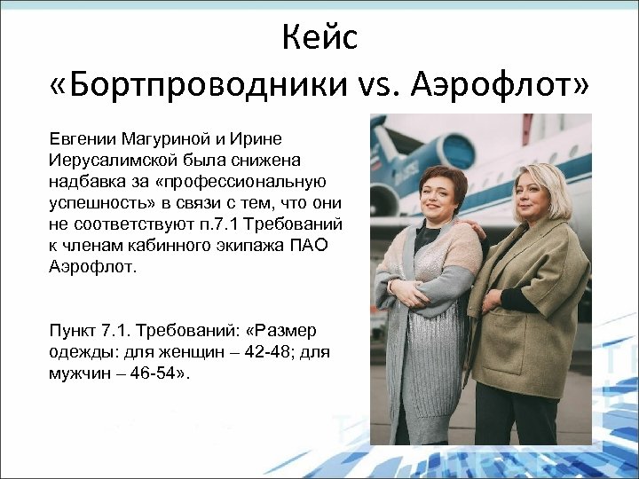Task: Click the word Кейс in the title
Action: [x=319, y=37]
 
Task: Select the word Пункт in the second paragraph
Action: [x=74, y=331]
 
